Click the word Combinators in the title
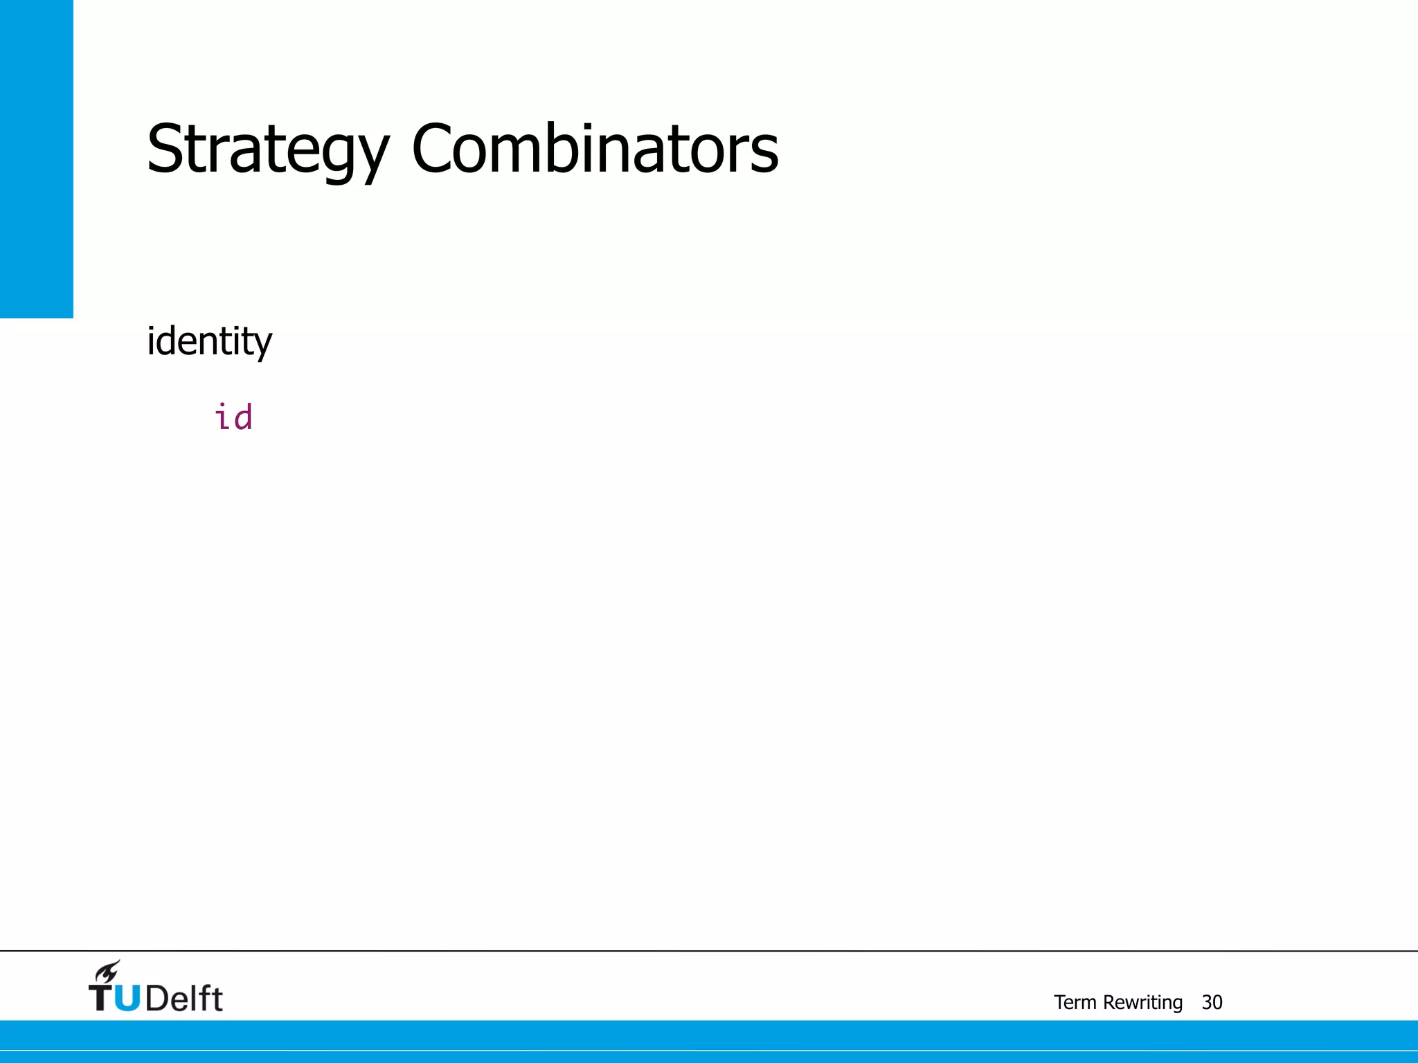pyautogui.click(x=595, y=149)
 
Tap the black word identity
pyautogui.click(x=209, y=341)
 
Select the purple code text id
pyautogui.click(x=233, y=417)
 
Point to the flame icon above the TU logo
pyautogui.click(x=108, y=972)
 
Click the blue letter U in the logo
pyautogui.click(x=126, y=998)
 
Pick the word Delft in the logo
pyautogui.click(x=184, y=998)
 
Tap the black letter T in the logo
pyautogui.click(x=101, y=998)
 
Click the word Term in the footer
pyautogui.click(x=1075, y=1002)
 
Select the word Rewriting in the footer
pyautogui.click(x=1142, y=1002)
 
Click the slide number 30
pyautogui.click(x=1212, y=1002)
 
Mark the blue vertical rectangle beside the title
pyautogui.click(x=36, y=158)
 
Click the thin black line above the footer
pyautogui.click(x=709, y=951)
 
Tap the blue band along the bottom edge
pyautogui.click(x=709, y=1041)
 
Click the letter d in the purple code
pyautogui.click(x=243, y=417)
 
